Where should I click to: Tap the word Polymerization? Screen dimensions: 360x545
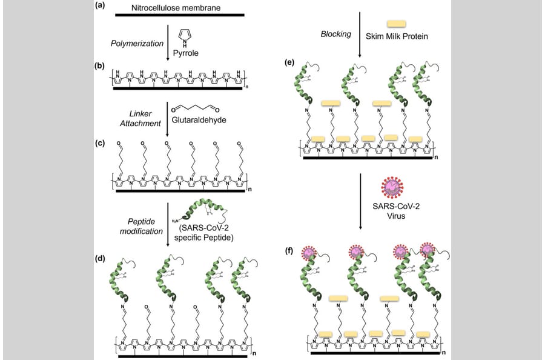click(x=137, y=43)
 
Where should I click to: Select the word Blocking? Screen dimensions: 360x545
click(x=335, y=34)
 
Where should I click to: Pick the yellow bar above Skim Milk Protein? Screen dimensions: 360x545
click(x=396, y=23)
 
